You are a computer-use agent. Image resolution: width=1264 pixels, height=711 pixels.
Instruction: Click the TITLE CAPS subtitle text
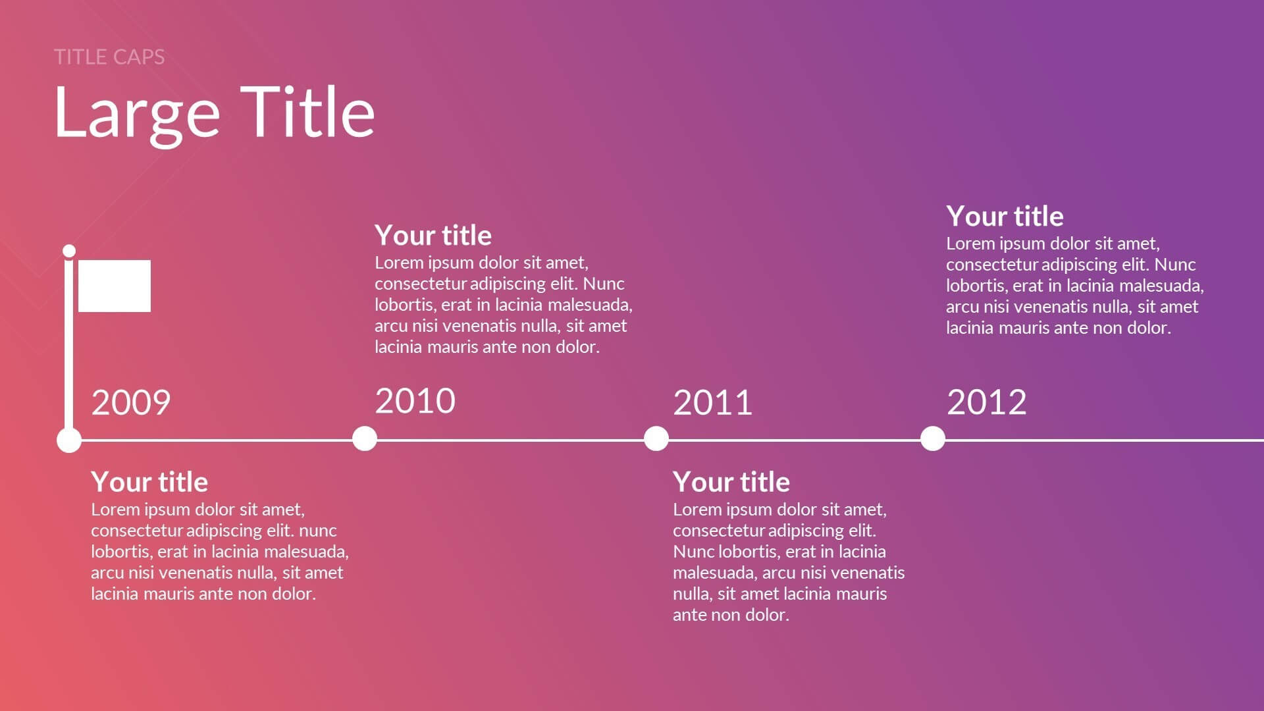(x=109, y=57)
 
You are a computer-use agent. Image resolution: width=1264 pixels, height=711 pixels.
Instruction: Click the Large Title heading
(x=215, y=113)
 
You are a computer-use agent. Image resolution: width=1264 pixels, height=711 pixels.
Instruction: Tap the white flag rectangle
(x=115, y=286)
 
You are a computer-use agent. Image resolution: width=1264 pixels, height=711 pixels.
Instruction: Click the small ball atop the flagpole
(x=69, y=251)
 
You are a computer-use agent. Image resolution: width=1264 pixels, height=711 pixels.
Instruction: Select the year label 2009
(x=131, y=402)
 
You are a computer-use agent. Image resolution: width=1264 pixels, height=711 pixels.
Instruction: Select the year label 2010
(x=415, y=400)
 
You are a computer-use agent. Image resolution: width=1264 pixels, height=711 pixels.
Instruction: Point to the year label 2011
(x=713, y=402)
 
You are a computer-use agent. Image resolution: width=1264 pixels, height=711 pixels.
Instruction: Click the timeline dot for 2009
(x=69, y=440)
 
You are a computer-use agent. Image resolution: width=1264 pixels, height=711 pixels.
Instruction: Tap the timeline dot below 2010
(x=365, y=438)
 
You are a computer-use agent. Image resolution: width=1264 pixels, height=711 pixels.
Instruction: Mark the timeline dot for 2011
(x=656, y=438)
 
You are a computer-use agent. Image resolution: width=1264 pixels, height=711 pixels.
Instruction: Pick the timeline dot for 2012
(x=933, y=438)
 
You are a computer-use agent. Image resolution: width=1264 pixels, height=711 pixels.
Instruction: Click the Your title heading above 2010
(x=433, y=235)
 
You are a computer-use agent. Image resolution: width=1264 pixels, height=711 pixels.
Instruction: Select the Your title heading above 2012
(x=1005, y=216)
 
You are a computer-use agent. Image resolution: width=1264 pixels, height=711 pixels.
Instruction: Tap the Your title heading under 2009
(x=149, y=482)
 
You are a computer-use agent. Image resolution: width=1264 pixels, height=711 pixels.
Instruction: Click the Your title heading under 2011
(x=731, y=482)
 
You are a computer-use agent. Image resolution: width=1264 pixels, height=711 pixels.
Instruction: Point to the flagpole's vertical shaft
(x=69, y=346)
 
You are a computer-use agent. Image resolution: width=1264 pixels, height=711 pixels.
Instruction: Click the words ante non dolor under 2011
(x=731, y=615)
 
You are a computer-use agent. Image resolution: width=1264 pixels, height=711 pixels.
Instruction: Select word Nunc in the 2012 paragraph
(x=1175, y=264)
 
